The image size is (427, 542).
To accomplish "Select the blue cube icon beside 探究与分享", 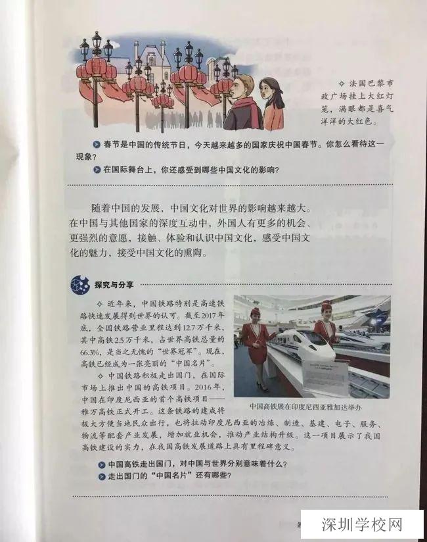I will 80,285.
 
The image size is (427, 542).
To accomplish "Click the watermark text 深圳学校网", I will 362,524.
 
